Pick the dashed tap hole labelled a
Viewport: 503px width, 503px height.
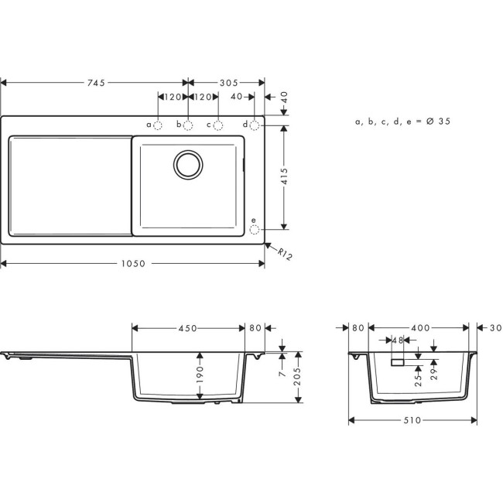pos(159,125)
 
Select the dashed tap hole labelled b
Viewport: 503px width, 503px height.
pos(188,125)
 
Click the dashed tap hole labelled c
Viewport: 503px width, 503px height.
pos(218,125)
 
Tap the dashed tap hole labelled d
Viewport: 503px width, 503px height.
pos(255,125)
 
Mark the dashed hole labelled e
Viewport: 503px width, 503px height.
pos(255,229)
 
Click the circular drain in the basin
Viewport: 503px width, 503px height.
pos(188,164)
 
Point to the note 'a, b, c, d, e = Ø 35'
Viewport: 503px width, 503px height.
pos(402,121)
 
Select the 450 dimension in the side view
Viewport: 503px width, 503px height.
pos(187,328)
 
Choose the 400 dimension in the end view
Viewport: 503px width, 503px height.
pos(419,328)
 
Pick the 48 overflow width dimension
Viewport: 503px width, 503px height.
pos(399,340)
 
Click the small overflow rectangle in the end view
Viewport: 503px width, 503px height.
pos(399,361)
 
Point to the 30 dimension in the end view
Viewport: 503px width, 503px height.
pos(496,328)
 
